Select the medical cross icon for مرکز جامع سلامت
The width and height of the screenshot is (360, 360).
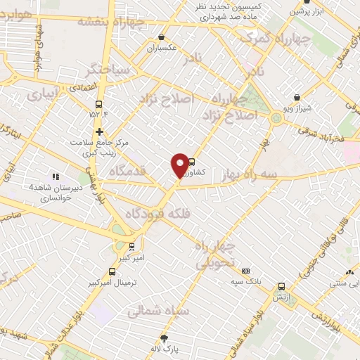[100, 131]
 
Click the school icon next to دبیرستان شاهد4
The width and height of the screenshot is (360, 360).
[56, 177]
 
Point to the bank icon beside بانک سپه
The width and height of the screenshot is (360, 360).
[245, 271]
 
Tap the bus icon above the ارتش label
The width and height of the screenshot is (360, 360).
[282, 286]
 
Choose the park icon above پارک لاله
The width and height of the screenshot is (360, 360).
[165, 337]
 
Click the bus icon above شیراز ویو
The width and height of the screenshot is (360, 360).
[297, 98]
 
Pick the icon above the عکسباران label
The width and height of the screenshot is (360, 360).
[162, 37]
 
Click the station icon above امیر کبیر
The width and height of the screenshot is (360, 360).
[131, 247]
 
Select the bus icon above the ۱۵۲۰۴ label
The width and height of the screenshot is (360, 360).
[100, 101]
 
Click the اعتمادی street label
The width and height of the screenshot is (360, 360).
[67, 88]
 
